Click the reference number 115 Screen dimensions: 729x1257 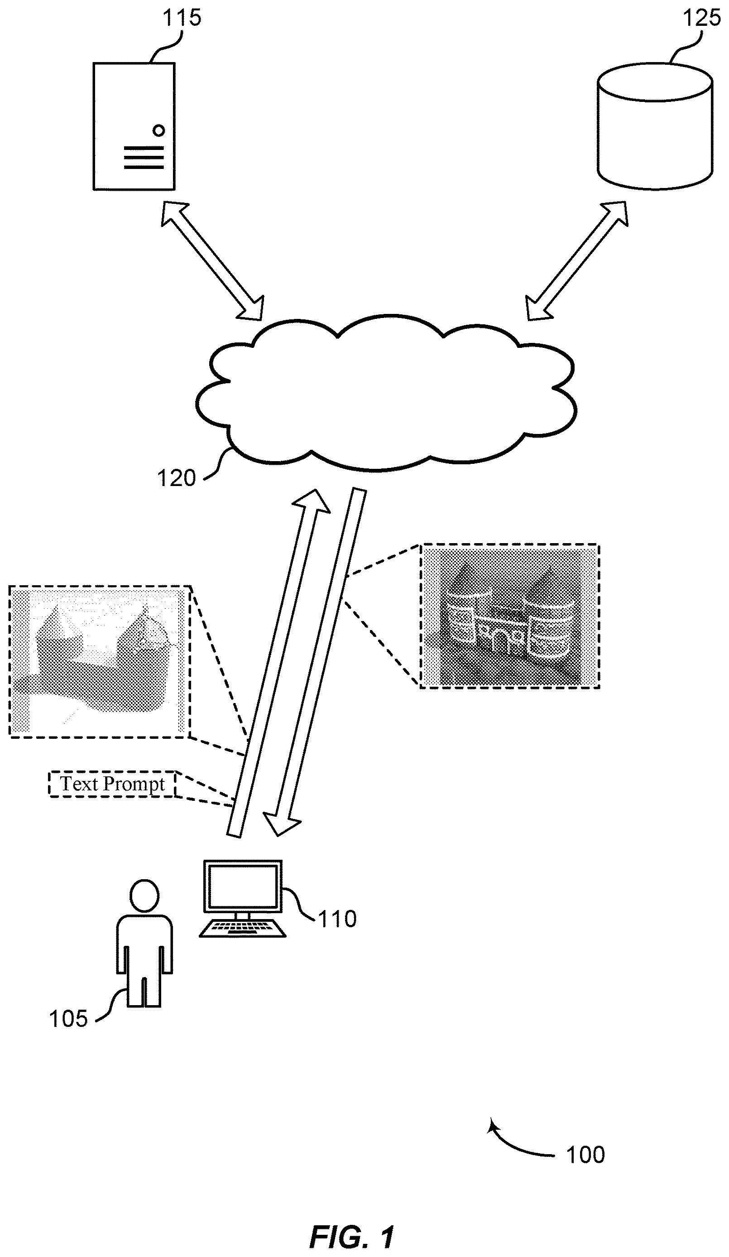[182, 18]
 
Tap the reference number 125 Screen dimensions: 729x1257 [701, 18]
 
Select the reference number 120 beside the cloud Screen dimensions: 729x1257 [177, 478]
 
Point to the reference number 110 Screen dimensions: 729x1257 [337, 919]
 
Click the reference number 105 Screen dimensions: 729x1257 [68, 1019]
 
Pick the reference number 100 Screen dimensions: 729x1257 [585, 1154]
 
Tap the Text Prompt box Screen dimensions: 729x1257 [113, 784]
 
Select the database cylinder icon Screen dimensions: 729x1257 [655, 126]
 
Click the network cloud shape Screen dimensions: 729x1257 [386, 392]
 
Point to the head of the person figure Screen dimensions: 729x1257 [144, 896]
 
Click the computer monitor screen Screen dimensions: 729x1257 [242, 886]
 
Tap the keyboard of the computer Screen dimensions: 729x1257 [243, 928]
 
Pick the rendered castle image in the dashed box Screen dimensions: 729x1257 [509, 616]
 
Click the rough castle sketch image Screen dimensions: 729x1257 [100, 661]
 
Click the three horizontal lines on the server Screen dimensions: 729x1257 [144, 158]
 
